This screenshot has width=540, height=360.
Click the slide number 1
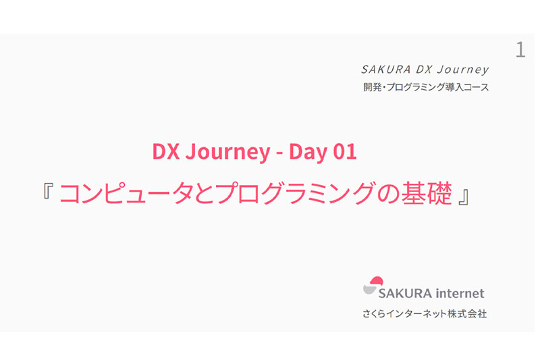point(520,49)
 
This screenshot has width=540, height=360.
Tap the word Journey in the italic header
point(462,70)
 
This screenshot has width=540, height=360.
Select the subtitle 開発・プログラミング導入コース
point(425,87)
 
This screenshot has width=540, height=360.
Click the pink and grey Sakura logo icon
point(373,286)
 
